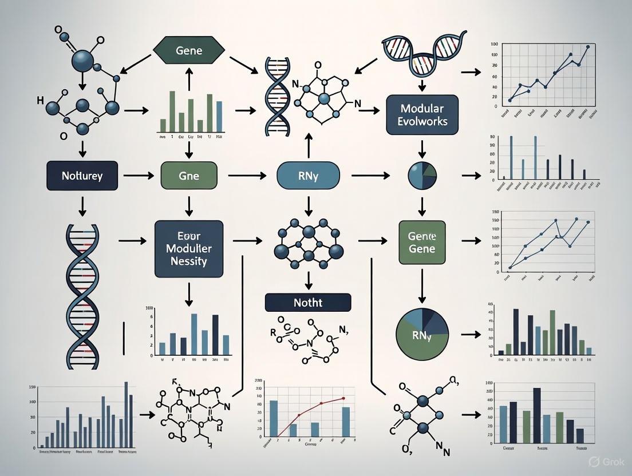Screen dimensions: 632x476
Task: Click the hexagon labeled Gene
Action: tap(189, 51)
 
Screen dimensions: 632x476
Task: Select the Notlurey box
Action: tap(82, 176)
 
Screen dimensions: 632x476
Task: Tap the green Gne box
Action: tap(188, 176)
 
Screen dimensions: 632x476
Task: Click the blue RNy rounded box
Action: tap(308, 176)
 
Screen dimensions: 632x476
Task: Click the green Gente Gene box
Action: tap(421, 242)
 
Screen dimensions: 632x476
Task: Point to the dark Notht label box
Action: tap(308, 302)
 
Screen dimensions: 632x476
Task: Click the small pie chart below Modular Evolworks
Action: tap(422, 176)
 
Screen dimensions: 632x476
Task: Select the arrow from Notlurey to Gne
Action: tap(136, 176)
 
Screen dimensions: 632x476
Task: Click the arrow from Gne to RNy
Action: tap(248, 176)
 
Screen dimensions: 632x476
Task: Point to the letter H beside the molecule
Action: tap(39, 101)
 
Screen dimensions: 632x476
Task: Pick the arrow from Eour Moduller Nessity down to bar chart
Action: tap(188, 292)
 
